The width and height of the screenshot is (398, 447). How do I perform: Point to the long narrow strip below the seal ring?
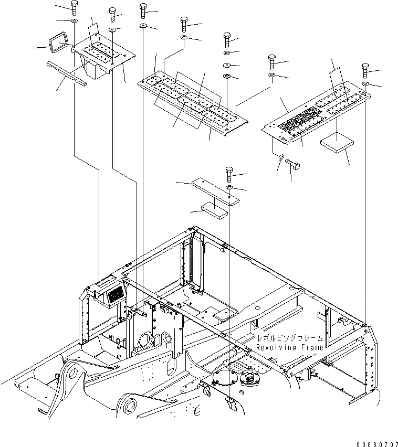(66, 73)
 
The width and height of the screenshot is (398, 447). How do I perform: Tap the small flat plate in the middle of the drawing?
(214, 189)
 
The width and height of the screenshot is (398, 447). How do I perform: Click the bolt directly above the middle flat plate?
(229, 173)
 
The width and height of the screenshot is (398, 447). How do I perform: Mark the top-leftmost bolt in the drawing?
(74, 7)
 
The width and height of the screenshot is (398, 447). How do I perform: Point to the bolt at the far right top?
(365, 70)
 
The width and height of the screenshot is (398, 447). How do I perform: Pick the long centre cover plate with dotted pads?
(192, 102)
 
